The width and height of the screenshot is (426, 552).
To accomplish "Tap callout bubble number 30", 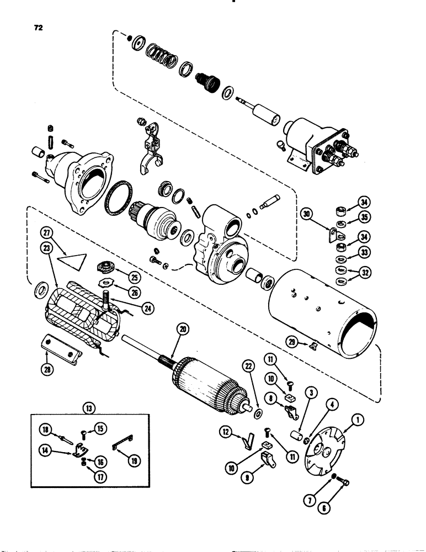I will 307,214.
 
